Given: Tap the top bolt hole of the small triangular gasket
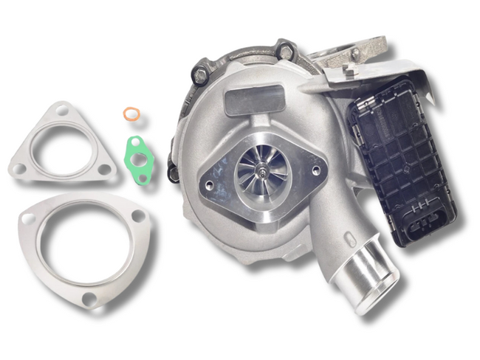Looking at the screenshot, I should point(61,112).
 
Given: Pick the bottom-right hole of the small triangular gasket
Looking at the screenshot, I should point(104,169).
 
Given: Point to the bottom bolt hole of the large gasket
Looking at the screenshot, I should point(89,298).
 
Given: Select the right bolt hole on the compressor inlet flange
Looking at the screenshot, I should point(316,170).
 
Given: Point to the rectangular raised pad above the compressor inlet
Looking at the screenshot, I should point(255,98).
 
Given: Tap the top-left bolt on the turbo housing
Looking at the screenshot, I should point(200,73).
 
